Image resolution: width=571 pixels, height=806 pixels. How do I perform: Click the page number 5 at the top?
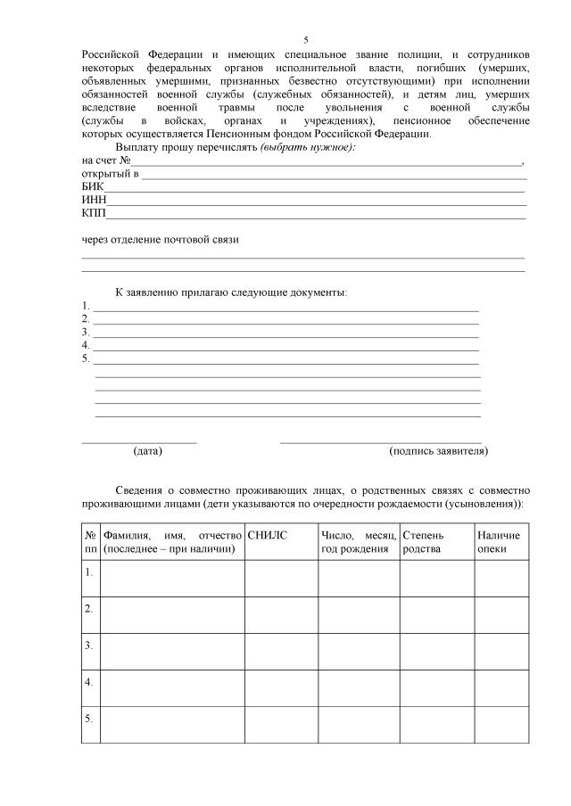[x=305, y=40]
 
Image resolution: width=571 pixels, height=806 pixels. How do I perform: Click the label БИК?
[x=93, y=187]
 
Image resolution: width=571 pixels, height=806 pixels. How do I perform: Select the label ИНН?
[x=94, y=201]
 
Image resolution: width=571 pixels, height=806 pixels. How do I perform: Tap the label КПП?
[x=94, y=214]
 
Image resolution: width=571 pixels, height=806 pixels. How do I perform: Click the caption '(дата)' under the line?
[x=147, y=451]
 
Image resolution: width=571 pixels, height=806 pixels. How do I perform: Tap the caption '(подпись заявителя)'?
[x=439, y=451]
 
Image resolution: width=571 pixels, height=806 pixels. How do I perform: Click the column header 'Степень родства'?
[x=425, y=541]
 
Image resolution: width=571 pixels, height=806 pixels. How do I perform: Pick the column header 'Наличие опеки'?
[x=499, y=541]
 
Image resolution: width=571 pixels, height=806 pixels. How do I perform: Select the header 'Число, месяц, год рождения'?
[x=358, y=541]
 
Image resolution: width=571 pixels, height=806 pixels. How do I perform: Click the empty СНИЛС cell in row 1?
[x=281, y=578]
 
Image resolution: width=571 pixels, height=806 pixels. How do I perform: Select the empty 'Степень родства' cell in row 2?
[x=436, y=614]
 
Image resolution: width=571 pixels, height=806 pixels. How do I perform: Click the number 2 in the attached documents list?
[x=85, y=318]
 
